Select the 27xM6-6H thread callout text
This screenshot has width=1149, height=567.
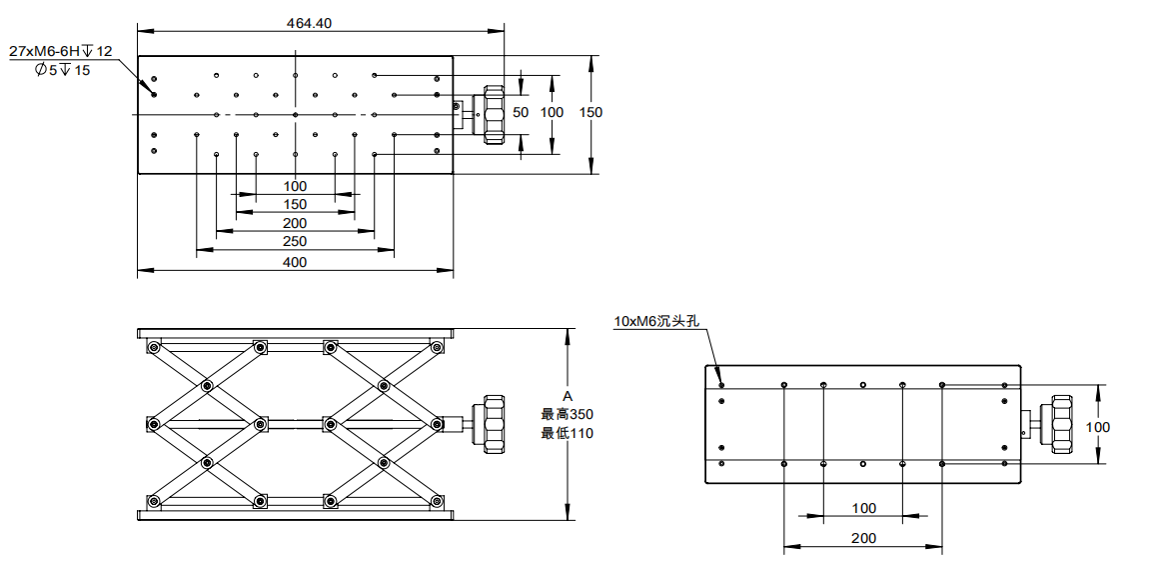tap(61, 51)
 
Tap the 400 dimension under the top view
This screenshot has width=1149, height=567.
tap(295, 262)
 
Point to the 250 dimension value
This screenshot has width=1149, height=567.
tap(295, 241)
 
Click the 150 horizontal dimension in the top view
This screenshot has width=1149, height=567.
tap(295, 204)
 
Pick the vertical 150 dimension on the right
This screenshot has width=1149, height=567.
tap(591, 112)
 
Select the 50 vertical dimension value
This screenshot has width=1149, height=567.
tap(521, 112)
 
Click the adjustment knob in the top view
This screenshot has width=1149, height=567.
tap(493, 115)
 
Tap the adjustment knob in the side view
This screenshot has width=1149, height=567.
tap(493, 425)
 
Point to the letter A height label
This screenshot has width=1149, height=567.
tap(568, 396)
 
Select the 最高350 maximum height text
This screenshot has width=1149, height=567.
tap(567, 414)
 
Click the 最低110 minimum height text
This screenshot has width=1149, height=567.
tap(567, 433)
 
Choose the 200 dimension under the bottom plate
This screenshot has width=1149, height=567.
tap(864, 538)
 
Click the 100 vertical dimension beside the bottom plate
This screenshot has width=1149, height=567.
tap(1098, 427)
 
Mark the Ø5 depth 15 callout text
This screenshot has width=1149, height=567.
tap(62, 70)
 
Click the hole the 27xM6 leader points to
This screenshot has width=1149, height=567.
tap(154, 94)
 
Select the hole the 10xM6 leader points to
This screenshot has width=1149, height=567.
tap(721, 383)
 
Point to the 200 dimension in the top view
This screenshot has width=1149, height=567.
tap(295, 223)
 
